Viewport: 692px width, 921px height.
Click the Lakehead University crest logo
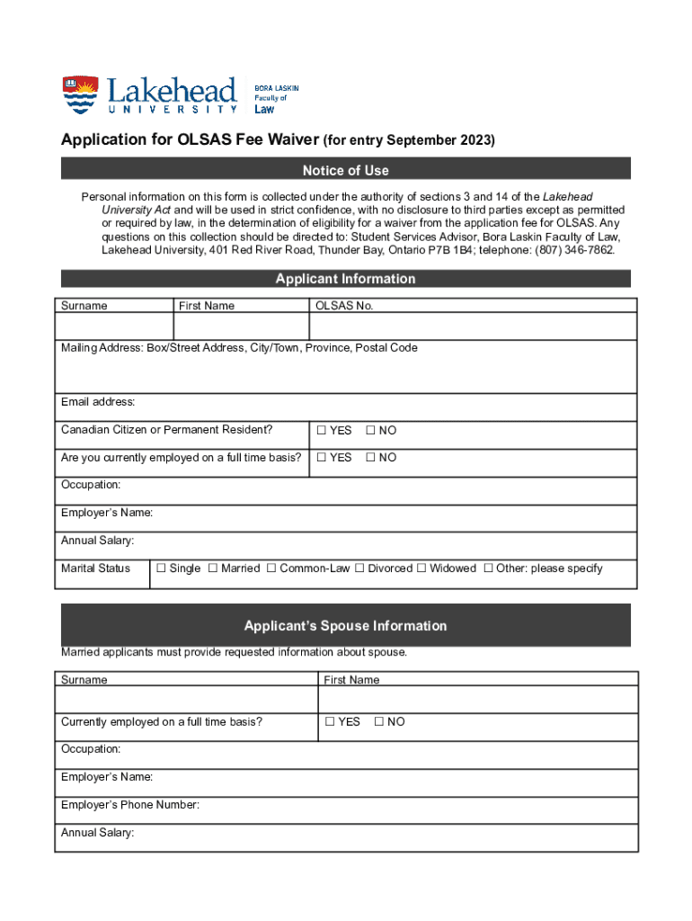point(80,94)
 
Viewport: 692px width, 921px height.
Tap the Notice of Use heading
point(346,170)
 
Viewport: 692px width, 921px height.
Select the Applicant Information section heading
point(346,279)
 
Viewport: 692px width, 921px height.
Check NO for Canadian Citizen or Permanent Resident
point(370,431)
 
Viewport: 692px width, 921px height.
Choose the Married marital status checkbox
point(213,568)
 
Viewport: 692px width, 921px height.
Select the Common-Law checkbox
point(271,568)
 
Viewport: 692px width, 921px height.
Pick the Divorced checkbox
point(359,568)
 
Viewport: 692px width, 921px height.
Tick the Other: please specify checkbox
point(489,568)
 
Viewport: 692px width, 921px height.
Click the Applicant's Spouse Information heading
point(346,626)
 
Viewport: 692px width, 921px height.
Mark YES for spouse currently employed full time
point(330,722)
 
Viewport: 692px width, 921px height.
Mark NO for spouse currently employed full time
point(379,722)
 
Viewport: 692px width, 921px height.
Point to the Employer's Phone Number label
point(130,805)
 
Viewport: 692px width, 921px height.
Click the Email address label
point(98,401)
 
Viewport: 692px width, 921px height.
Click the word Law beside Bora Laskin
point(265,109)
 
